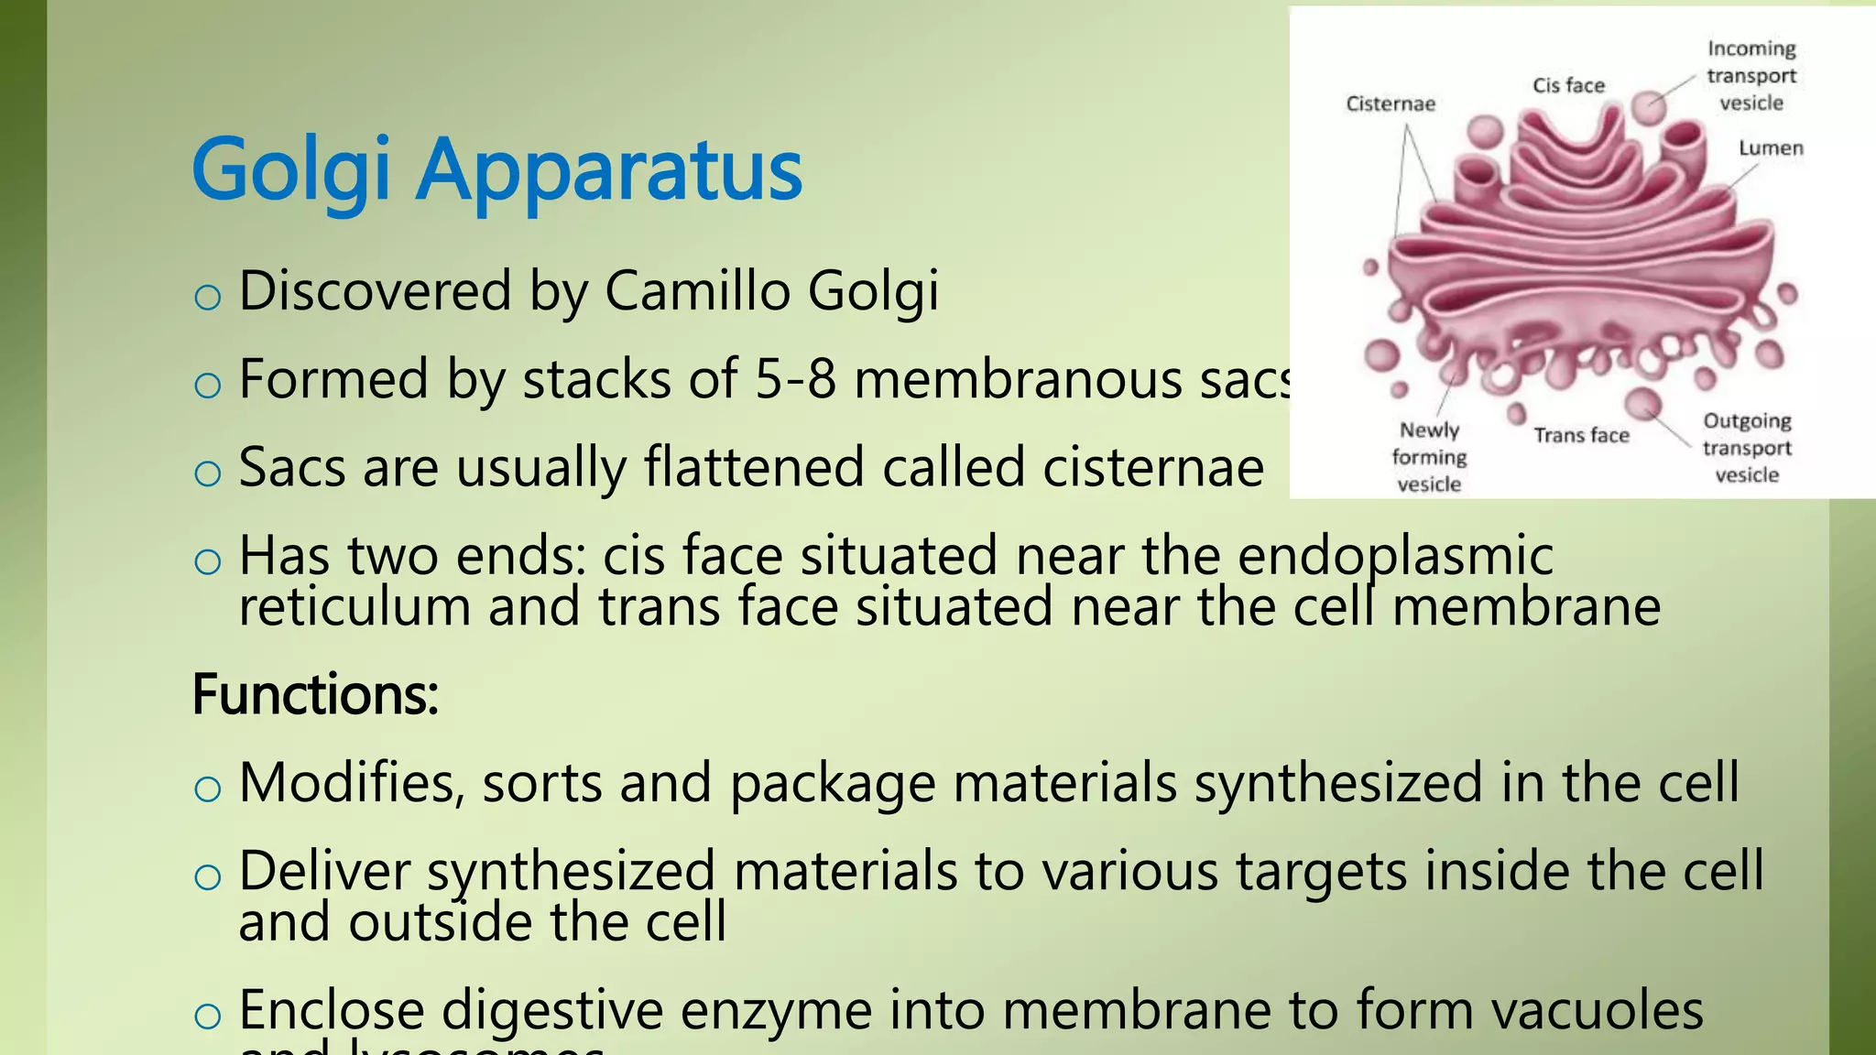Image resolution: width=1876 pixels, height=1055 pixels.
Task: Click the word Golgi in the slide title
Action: click(x=291, y=171)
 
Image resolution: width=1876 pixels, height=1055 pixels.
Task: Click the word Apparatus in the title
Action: click(x=609, y=171)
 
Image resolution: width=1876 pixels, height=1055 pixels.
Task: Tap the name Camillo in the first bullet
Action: click(x=696, y=291)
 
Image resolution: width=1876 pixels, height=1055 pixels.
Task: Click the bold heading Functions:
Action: click(x=315, y=694)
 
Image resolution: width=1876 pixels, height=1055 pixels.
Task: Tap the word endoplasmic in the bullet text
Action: click(x=1395, y=556)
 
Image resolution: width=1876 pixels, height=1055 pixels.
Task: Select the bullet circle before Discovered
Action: click(x=208, y=297)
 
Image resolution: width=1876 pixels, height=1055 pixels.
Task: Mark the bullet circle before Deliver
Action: click(x=208, y=877)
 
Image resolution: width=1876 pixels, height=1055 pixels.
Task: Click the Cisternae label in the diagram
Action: click(x=1391, y=104)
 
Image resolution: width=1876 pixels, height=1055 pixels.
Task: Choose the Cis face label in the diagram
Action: click(x=1568, y=86)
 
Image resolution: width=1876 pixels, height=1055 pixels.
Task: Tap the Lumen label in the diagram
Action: click(x=1771, y=148)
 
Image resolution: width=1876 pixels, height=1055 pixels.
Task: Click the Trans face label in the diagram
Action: click(x=1581, y=436)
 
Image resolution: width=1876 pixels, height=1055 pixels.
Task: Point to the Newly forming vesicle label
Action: click(x=1429, y=457)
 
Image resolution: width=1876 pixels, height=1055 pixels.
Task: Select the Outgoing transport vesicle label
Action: click(x=1747, y=448)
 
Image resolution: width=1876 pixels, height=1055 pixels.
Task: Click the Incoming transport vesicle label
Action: click(x=1751, y=76)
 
